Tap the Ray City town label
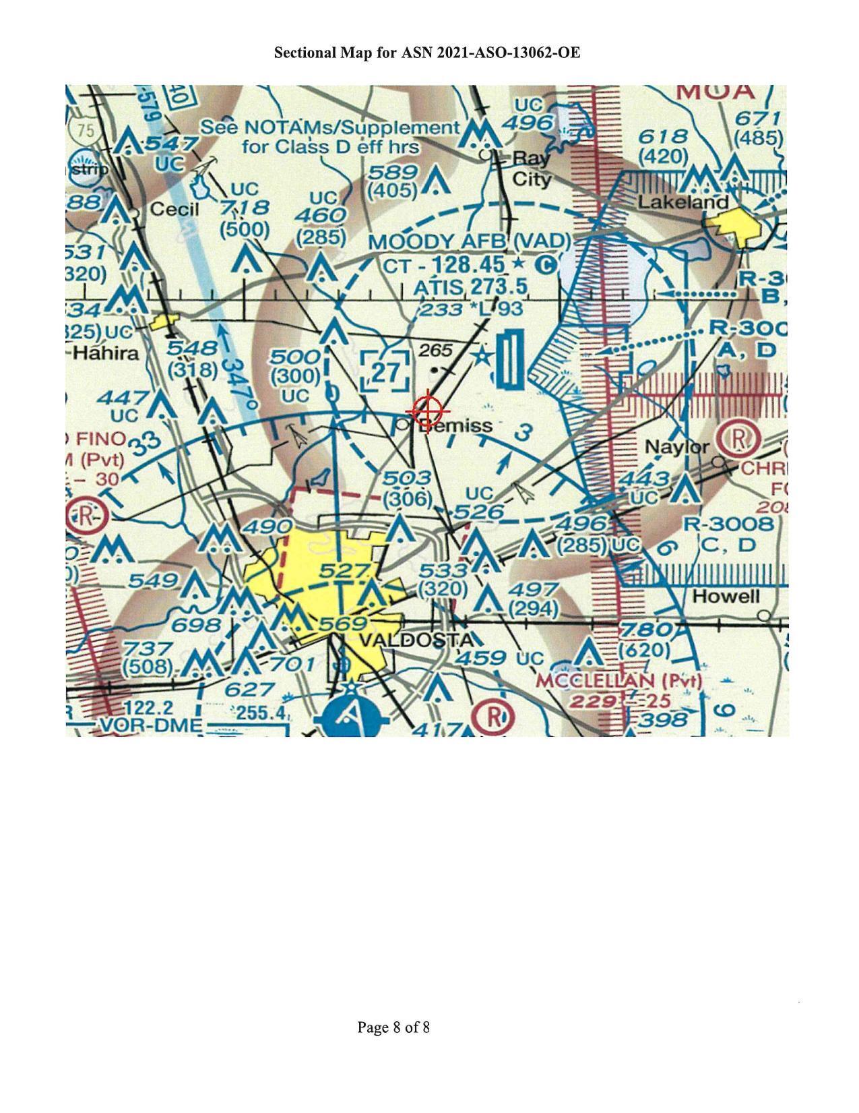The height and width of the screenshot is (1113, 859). tap(532, 169)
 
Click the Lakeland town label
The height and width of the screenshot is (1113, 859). tap(683, 202)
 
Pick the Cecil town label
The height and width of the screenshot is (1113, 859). tap(174, 209)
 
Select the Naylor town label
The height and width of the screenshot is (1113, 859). tap(676, 446)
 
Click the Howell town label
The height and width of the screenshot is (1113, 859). tap(726, 596)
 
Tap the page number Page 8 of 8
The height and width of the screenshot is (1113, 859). tap(393, 1027)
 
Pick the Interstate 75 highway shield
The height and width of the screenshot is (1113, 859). tap(86, 131)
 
